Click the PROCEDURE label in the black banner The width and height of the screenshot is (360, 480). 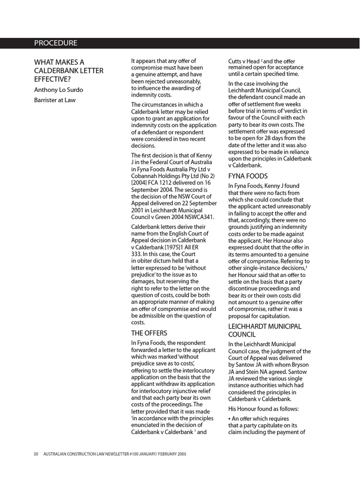pyautogui.click(x=55, y=43)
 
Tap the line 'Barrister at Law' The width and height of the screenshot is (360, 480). pyautogui.click(x=54, y=100)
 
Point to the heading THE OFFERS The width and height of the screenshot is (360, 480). pyautogui.click(x=149, y=333)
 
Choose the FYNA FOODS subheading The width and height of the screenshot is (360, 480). pyautogui.click(x=248, y=176)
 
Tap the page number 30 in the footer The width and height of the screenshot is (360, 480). pyautogui.click(x=36, y=454)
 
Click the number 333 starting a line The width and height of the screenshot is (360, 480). pyautogui.click(x=136, y=254)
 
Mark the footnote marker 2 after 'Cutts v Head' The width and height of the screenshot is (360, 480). pyautogui.click(x=262, y=60)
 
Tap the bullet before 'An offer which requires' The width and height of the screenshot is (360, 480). pyautogui.click(x=230, y=418)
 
